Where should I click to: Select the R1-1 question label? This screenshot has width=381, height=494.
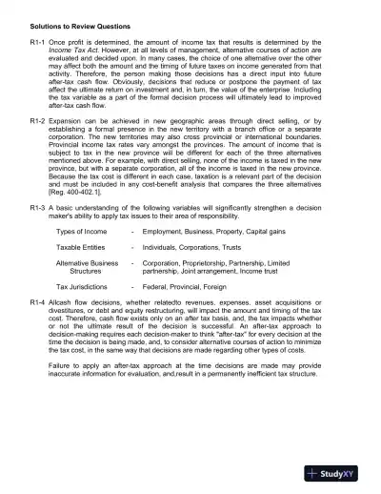click(x=39, y=44)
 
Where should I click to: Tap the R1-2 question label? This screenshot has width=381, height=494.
click(x=39, y=123)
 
